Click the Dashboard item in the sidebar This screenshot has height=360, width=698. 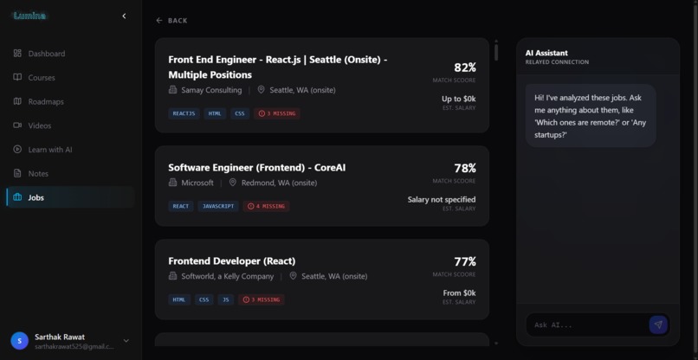coord(46,54)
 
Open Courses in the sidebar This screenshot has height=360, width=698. coord(41,78)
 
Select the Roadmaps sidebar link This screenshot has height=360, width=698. coord(45,101)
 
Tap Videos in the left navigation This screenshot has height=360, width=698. coord(39,125)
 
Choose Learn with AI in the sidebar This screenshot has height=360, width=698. coord(49,150)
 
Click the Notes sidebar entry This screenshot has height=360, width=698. coord(38,173)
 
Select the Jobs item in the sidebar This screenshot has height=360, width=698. coord(36,197)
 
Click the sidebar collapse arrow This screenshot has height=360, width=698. coord(124,16)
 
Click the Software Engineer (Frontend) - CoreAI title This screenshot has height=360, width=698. coord(256,167)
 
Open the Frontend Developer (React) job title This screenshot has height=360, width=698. coord(231,260)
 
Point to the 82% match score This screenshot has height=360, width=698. coord(464,67)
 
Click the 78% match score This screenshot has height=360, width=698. coord(464,168)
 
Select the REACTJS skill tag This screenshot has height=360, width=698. coord(184,113)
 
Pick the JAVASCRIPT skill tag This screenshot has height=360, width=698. coord(218,206)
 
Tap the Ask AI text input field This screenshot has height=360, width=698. coord(587,325)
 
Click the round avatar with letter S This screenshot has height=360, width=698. coord(19,341)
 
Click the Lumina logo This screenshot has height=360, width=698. coord(29,16)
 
